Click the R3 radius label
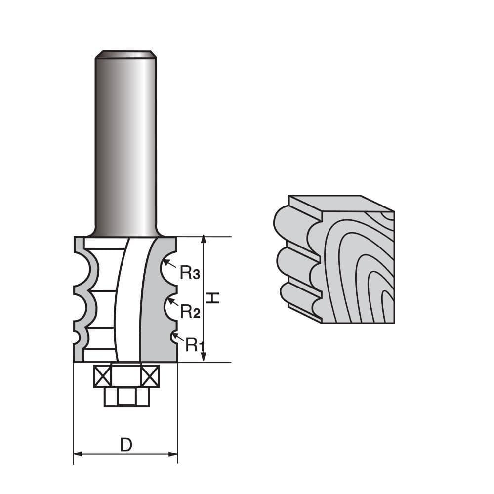tap(189, 272)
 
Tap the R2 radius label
tap(189, 311)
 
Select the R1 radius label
tap(195, 345)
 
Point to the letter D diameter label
tap(126, 445)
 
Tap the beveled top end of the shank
tap(126, 54)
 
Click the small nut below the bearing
tap(126, 397)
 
